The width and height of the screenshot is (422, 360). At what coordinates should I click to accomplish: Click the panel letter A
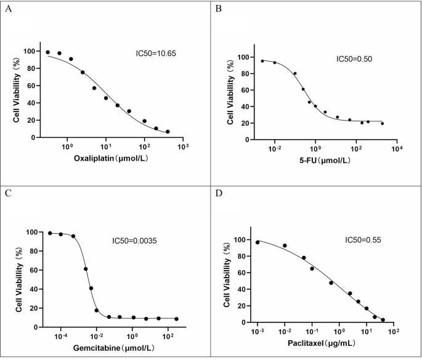click(x=7, y=9)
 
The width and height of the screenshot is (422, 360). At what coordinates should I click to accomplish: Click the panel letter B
click(x=218, y=9)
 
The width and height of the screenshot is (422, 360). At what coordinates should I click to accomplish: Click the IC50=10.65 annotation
click(x=156, y=54)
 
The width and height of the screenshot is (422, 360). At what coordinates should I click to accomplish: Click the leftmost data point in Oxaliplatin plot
click(x=47, y=52)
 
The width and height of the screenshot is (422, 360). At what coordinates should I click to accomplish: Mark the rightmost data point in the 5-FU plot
click(x=382, y=124)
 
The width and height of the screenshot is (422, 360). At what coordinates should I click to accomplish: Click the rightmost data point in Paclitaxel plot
click(x=383, y=320)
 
